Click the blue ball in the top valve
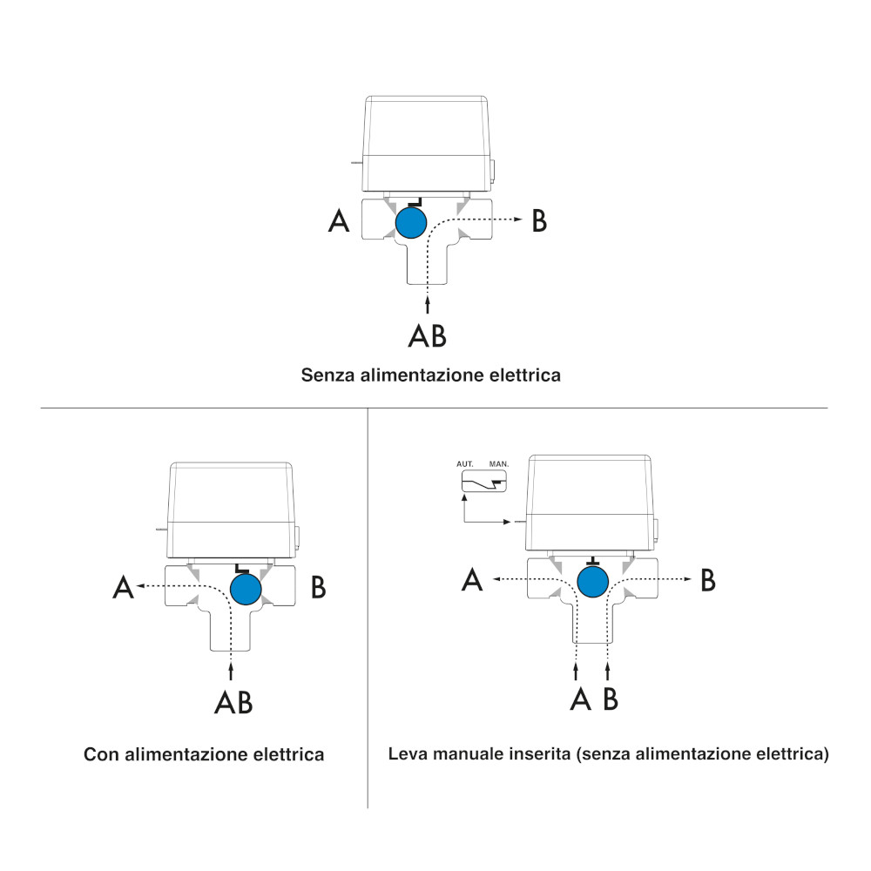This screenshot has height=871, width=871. pyautogui.click(x=411, y=223)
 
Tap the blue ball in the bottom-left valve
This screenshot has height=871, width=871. pyautogui.click(x=247, y=588)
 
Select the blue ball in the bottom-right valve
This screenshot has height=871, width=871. pyautogui.click(x=593, y=581)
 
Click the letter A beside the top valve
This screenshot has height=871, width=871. pyautogui.click(x=339, y=222)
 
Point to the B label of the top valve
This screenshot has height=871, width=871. pyautogui.click(x=540, y=221)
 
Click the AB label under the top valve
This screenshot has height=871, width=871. pyautogui.click(x=427, y=334)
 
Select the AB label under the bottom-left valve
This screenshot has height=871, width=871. pyautogui.click(x=233, y=702)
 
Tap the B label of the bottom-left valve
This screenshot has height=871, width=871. pyautogui.click(x=319, y=588)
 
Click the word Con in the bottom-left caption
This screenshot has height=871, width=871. pyautogui.click(x=101, y=754)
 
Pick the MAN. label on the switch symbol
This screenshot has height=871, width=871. pyautogui.click(x=499, y=465)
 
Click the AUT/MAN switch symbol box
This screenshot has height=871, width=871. pyautogui.click(x=483, y=482)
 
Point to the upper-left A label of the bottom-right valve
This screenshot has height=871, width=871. pyautogui.click(x=472, y=579)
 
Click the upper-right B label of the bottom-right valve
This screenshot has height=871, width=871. pyautogui.click(x=709, y=579)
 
